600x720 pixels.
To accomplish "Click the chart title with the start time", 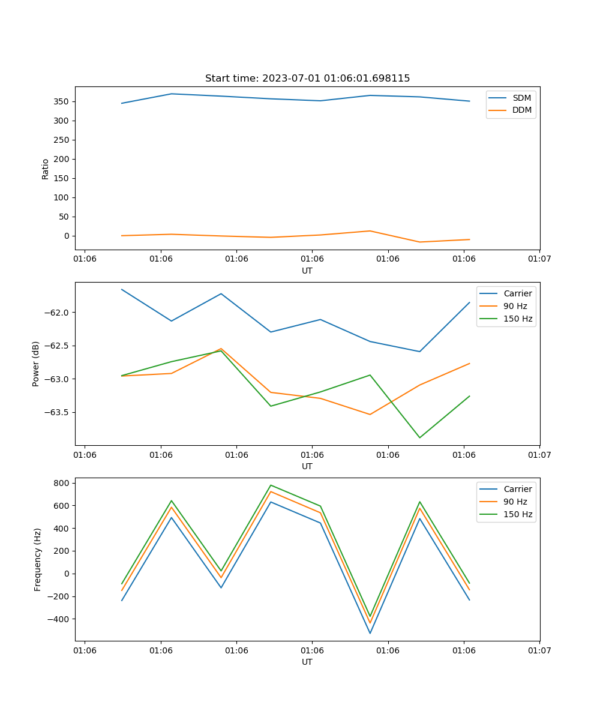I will coord(307,79).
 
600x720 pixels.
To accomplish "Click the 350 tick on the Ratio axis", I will coord(62,101).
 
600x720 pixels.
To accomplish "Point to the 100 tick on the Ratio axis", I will coord(62,197).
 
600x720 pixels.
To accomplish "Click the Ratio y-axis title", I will coord(46,168).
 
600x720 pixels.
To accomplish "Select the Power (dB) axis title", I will coord(36,364).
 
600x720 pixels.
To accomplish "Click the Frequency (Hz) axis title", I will coord(37,559).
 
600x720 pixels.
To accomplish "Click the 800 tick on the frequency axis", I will coord(62,483).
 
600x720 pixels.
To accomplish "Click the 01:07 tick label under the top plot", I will coord(539,259).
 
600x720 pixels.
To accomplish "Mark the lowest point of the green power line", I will coord(419,437).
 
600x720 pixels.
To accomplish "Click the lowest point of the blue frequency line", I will coord(370,633).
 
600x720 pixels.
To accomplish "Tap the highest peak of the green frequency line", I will coord(271,485).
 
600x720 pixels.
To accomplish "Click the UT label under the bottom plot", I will coord(307,662).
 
